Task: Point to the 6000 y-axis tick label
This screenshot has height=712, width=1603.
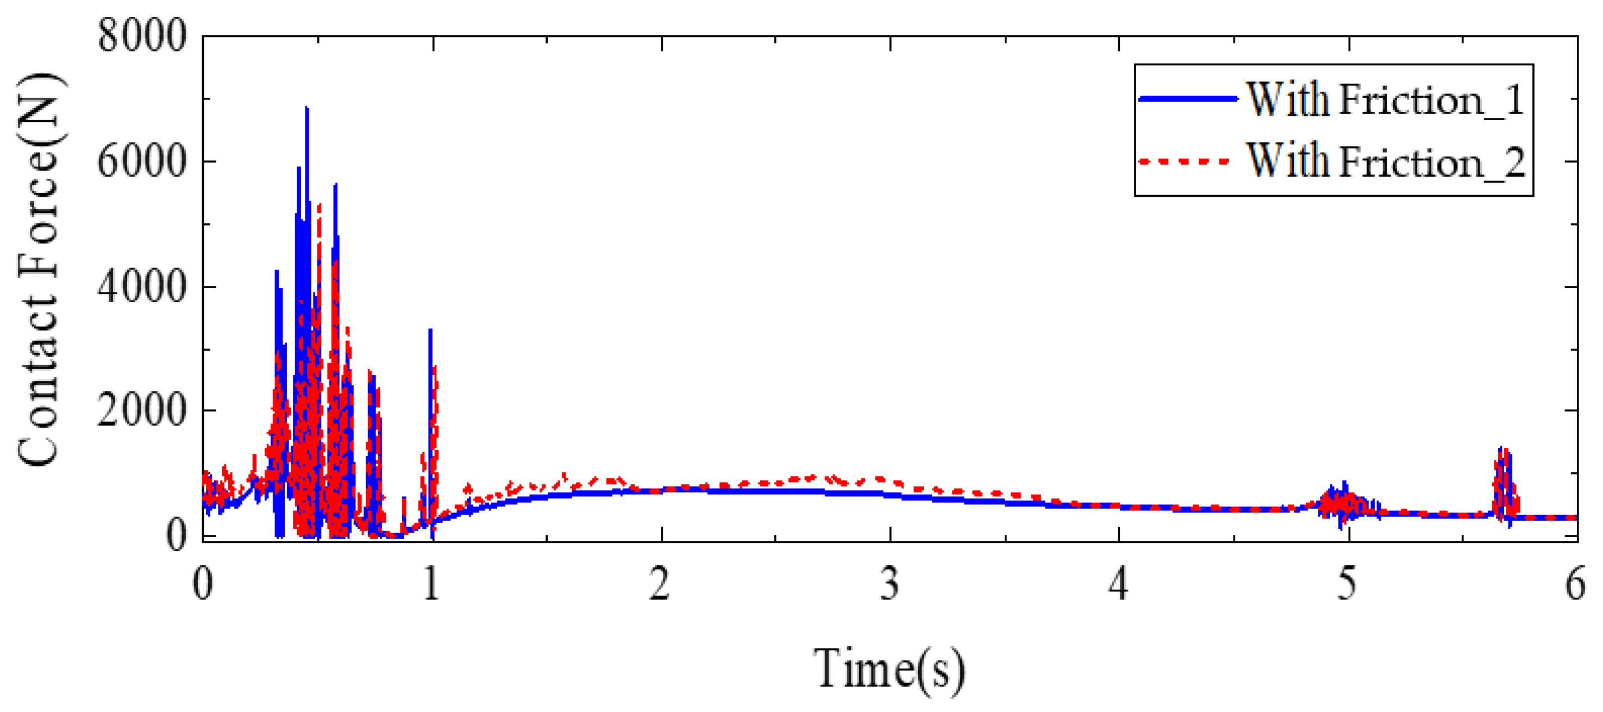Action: point(142,161)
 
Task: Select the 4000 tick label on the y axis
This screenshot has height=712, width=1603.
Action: point(142,286)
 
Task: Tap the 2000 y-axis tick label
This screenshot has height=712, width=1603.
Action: point(142,410)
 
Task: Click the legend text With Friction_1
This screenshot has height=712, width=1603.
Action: point(1385,99)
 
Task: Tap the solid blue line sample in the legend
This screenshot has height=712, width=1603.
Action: point(1187,98)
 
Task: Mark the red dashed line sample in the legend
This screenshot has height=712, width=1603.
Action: point(1185,162)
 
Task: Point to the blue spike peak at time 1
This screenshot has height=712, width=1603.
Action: point(430,330)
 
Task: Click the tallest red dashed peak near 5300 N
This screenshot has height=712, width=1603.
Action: point(319,204)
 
